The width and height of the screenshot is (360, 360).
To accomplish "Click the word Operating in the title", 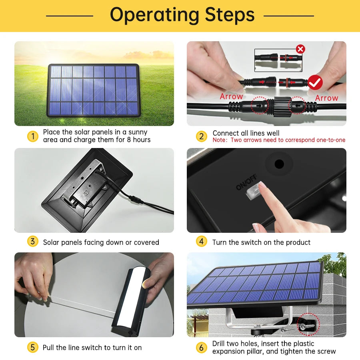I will point(154,15).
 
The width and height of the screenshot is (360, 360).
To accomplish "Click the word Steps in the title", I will point(230,15).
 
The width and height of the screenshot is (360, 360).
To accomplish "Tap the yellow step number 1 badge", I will point(33,136).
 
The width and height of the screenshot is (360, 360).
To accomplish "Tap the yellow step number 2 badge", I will point(202,136).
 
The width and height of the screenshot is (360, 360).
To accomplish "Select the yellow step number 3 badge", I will point(33,242).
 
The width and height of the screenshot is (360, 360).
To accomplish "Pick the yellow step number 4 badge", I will point(202,242).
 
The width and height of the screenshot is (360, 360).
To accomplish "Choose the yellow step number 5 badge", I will point(33,347).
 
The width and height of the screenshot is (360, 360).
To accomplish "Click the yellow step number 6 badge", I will point(202,347).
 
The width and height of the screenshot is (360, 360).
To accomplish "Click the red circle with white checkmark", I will point(315,82).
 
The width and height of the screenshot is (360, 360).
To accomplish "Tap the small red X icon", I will point(300,49).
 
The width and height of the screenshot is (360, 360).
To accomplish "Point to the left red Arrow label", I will point(231,97).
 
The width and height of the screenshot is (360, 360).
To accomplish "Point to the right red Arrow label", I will point(326,98).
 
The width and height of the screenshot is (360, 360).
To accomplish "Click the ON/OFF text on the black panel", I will point(246,182).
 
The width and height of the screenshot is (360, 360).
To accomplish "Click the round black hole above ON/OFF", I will point(279,164).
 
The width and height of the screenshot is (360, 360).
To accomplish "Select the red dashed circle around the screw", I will point(308,324).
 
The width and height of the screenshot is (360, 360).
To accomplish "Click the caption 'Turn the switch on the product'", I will point(261,242).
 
